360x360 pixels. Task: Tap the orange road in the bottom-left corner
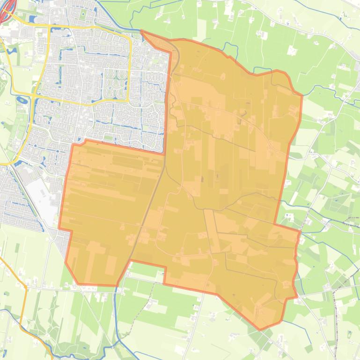(x=22, y=299)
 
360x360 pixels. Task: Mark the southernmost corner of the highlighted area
(x=260, y=329)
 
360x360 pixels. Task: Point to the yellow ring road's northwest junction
(x=49, y=27)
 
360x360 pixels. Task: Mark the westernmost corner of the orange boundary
(x=59, y=228)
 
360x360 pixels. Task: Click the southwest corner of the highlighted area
(x=78, y=283)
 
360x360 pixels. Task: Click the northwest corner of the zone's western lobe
(x=73, y=145)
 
